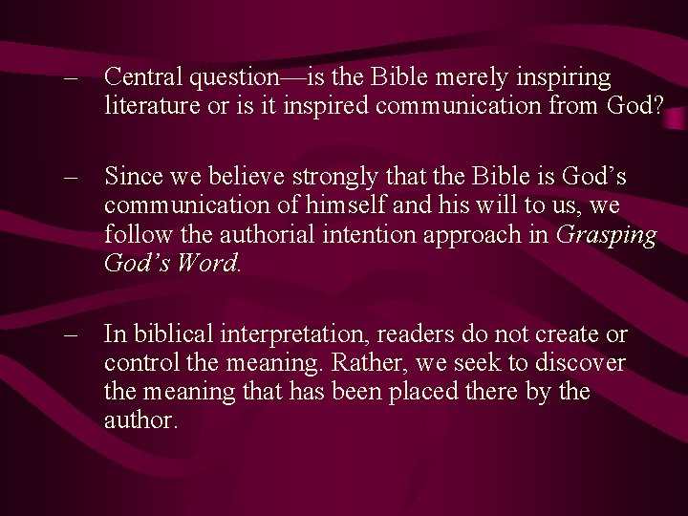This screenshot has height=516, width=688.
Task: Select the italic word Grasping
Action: [605, 233]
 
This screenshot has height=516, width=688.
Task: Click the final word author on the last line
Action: [140, 420]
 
